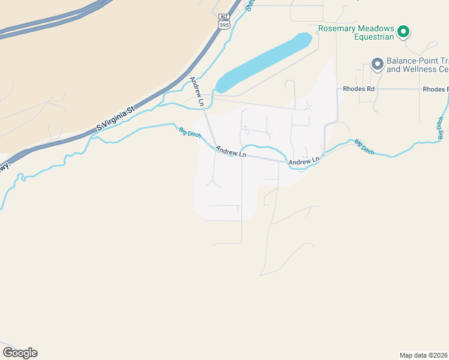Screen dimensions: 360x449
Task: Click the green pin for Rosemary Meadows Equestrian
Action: coord(404,31)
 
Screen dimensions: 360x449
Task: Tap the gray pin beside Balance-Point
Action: coord(378,64)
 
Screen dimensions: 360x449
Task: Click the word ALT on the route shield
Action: coord(224,17)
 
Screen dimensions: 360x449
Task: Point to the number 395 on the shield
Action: coord(224,25)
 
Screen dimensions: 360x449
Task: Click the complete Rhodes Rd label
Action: coord(359,89)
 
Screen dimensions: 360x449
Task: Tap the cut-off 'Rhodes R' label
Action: coord(435,89)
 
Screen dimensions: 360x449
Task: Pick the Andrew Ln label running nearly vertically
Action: coord(197,92)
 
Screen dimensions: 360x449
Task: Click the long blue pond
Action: coord(264,62)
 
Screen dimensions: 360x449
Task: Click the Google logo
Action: coord(20,353)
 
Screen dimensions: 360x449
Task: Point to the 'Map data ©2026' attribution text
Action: coord(424,355)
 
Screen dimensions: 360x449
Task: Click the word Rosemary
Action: coord(337,28)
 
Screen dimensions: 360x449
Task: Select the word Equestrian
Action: coord(373,37)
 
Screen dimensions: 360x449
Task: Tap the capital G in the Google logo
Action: coord(8,353)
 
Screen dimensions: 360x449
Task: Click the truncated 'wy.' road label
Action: coord(4,168)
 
